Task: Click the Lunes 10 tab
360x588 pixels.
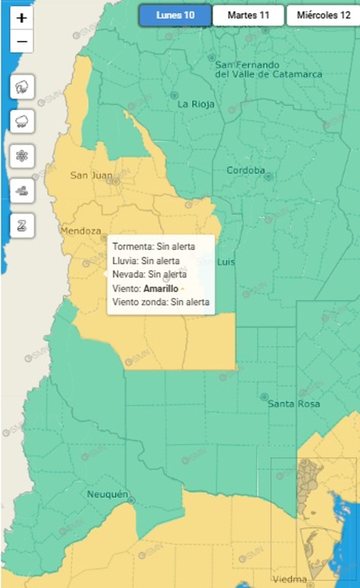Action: [x=175, y=15]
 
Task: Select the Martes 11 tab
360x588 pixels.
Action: [x=248, y=15]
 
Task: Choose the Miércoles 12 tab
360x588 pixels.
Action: [x=323, y=15]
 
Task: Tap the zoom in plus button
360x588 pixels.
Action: [x=22, y=18]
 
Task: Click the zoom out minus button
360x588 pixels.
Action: [x=22, y=41]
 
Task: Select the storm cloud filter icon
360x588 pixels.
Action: [x=22, y=87]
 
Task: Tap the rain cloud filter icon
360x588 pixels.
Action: [x=22, y=122]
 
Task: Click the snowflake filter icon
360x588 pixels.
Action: [x=22, y=156]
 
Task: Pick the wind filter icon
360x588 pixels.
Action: [x=22, y=191]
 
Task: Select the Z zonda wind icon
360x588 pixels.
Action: [x=22, y=225]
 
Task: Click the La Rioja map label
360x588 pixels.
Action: [x=196, y=104]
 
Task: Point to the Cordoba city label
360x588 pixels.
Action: [x=246, y=171]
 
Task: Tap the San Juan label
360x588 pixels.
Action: [x=91, y=175]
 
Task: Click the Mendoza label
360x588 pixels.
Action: [x=80, y=231]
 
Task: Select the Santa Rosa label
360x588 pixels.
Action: [x=294, y=404]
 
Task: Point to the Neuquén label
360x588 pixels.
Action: [x=107, y=494]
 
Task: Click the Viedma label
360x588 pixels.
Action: [x=290, y=579]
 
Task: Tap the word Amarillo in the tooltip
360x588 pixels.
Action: [x=161, y=288]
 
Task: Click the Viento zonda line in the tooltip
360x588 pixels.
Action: [x=161, y=302]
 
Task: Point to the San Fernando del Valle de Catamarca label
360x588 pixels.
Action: [x=268, y=70]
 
